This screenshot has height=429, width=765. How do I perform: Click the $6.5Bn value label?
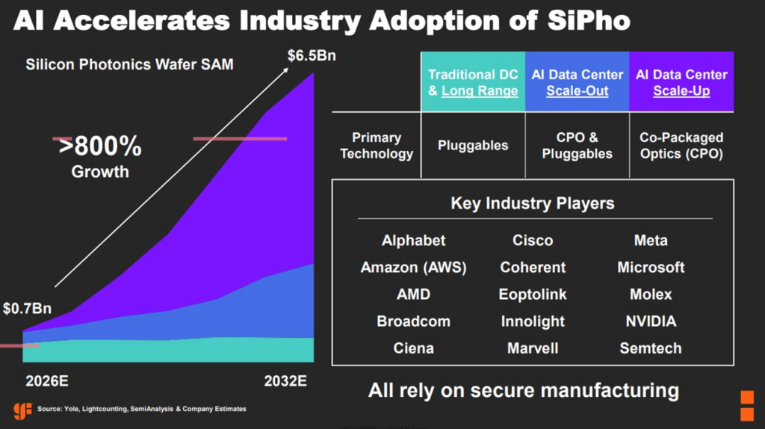tap(312, 55)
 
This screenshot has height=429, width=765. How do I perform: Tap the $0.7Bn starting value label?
tap(28, 309)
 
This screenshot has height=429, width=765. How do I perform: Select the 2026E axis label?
tap(47, 380)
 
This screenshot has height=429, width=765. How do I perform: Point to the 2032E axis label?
tap(285, 380)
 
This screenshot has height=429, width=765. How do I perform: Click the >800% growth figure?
tap(100, 146)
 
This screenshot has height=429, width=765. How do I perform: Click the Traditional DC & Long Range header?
tap(473, 82)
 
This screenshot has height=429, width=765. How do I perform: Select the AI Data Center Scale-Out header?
tap(577, 82)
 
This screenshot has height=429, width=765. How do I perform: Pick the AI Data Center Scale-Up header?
tap(681, 82)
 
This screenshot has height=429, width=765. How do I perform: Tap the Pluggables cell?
tap(473, 146)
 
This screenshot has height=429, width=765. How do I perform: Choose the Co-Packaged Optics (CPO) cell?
tap(681, 146)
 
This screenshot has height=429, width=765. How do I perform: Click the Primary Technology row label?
tap(377, 146)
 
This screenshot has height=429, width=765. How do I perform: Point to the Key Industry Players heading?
tap(533, 203)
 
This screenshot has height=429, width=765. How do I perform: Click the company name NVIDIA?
tap(651, 321)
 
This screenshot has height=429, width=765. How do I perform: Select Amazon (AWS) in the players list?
tap(413, 268)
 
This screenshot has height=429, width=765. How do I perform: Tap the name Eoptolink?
tap(533, 294)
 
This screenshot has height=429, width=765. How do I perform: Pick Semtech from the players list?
tap(651, 348)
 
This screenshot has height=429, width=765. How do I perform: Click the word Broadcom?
tap(413, 321)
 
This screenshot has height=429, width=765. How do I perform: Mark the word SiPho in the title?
tap(589, 20)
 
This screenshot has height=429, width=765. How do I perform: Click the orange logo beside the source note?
tap(22, 410)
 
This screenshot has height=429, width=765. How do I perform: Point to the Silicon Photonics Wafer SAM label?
tap(129, 64)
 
